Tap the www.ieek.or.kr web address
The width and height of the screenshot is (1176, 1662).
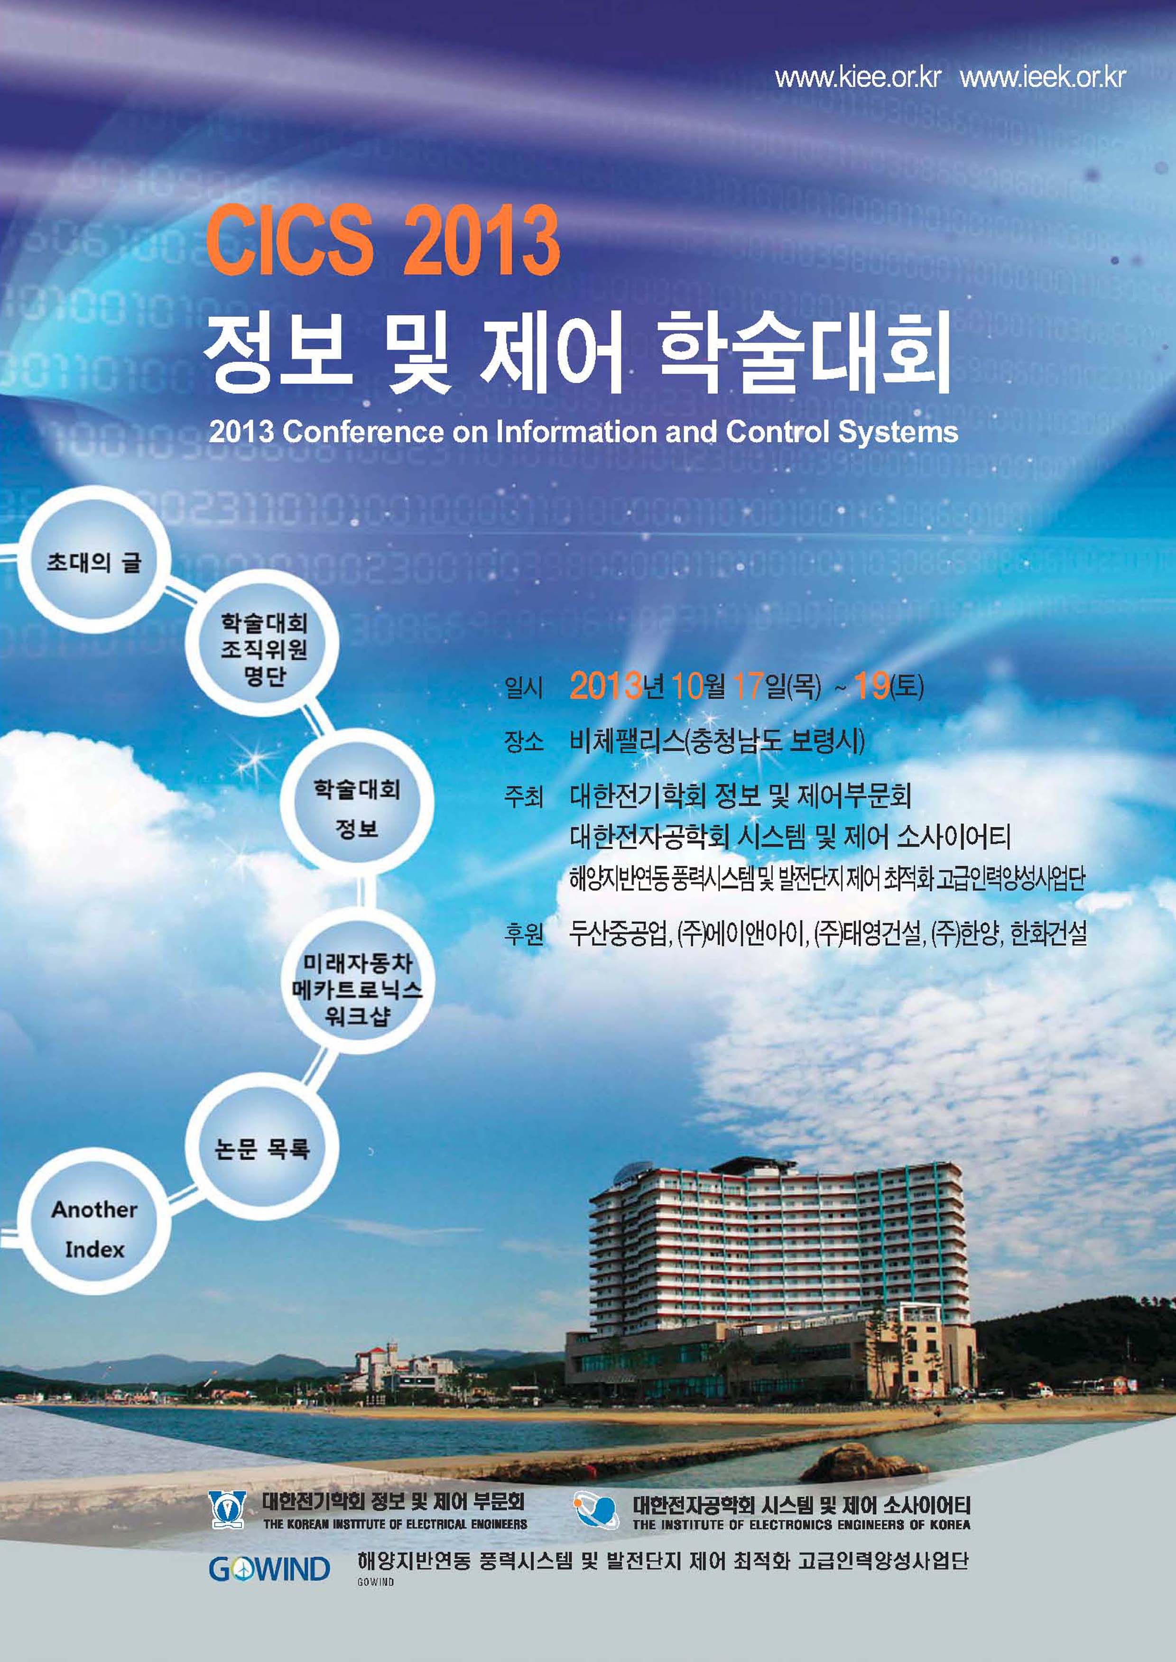[x=1043, y=77]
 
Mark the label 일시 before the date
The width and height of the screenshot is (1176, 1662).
[x=524, y=687]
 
